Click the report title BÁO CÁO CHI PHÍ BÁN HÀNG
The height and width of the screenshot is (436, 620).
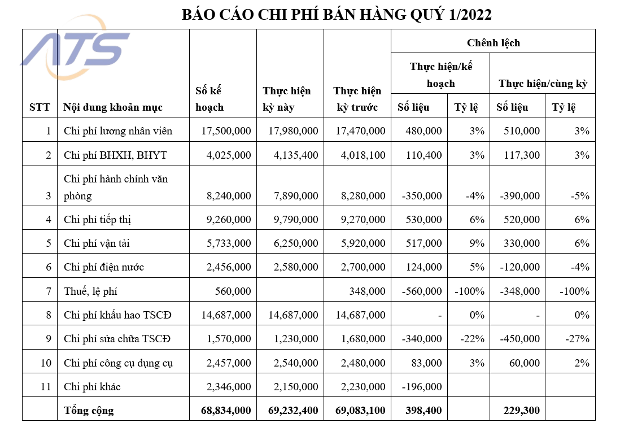(x=337, y=15)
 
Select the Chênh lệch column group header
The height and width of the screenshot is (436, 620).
(x=493, y=42)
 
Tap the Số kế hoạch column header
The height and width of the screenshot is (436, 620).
(x=210, y=99)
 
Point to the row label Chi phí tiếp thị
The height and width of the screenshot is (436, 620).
(x=97, y=219)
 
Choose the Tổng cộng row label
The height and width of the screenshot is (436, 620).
(x=89, y=411)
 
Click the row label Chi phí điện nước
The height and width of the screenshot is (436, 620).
(x=103, y=267)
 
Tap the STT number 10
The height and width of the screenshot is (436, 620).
(x=46, y=363)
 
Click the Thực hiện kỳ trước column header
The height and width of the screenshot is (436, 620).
(x=357, y=99)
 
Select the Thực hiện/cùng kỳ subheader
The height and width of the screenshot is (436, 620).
(x=543, y=84)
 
